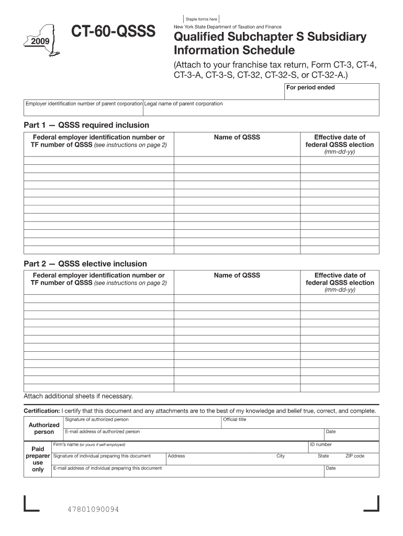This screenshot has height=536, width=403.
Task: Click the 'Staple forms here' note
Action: coord(201,19)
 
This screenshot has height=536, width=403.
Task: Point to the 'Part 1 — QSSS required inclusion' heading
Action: coord(86,125)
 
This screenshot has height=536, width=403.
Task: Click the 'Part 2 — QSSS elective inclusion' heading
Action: coord(85,264)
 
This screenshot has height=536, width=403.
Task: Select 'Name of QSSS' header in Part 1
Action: coord(237,137)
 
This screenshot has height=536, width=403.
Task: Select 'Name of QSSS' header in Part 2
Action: coord(237,275)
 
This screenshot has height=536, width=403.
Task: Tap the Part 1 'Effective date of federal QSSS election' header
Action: coord(340,141)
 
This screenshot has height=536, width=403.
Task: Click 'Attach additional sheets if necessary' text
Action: coord(78,396)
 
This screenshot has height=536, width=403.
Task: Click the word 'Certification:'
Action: coord(42,411)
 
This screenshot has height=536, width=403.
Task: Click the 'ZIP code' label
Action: coord(354,456)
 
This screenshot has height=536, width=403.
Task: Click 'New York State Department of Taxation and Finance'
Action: coord(227,27)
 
